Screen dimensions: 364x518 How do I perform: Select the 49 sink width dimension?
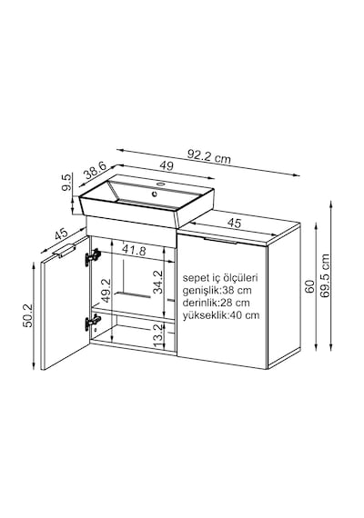(x=167, y=165)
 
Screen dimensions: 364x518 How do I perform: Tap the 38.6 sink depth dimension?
(x=95, y=171)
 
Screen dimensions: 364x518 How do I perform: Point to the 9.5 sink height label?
(x=66, y=183)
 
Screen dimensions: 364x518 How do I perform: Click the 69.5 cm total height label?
(x=325, y=276)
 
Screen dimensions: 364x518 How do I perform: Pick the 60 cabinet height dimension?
(x=308, y=287)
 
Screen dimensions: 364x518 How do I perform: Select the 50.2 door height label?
(x=28, y=316)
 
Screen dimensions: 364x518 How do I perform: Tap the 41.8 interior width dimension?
(x=134, y=250)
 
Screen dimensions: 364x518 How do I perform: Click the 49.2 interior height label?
(x=106, y=291)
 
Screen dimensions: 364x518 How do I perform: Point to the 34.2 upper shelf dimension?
(x=158, y=282)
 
